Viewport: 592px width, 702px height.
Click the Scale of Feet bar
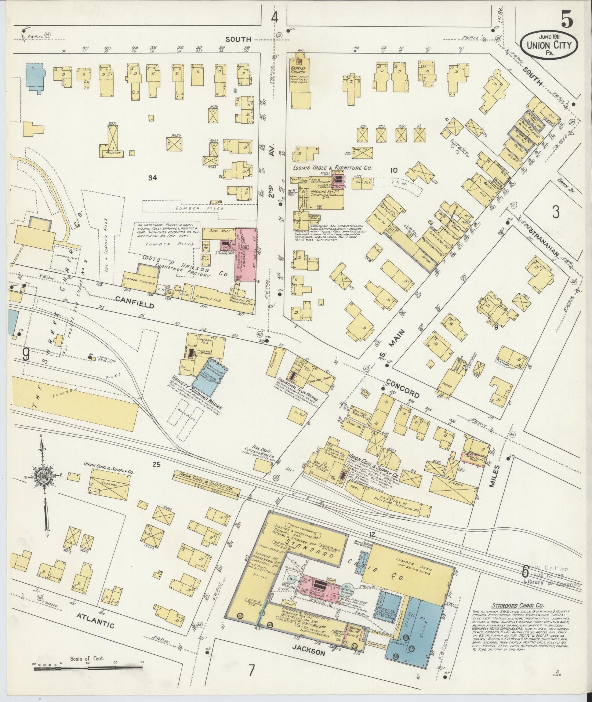[88, 669]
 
